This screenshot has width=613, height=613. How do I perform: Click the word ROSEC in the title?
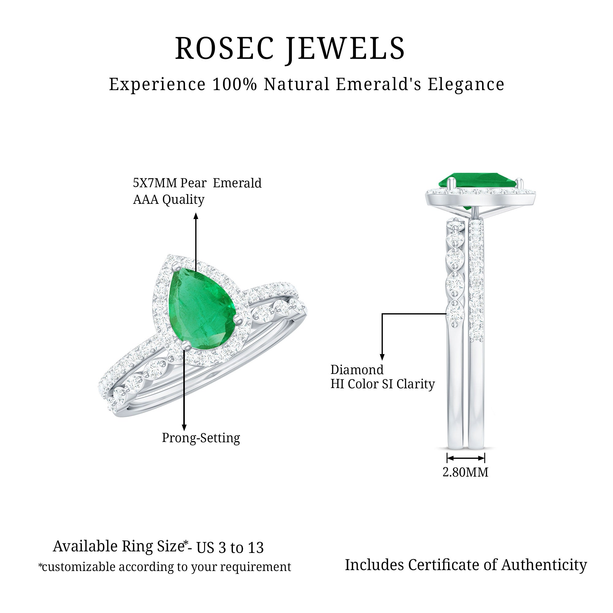click(224, 48)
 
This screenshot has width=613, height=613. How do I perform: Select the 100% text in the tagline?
click(234, 84)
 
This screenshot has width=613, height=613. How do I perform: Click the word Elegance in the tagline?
click(466, 84)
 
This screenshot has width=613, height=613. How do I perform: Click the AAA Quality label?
click(169, 200)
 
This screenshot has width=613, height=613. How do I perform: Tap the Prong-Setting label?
click(201, 438)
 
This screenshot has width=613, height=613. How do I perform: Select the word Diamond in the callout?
click(357, 370)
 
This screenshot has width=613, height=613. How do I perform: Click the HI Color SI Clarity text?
click(382, 384)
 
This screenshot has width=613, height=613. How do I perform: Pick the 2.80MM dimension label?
click(465, 472)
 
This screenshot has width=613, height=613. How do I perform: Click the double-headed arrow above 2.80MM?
click(466, 458)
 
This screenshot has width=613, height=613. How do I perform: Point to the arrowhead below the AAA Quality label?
click(196, 216)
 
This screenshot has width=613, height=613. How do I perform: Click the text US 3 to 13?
click(230, 548)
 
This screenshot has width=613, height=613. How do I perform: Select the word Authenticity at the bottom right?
click(544, 565)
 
